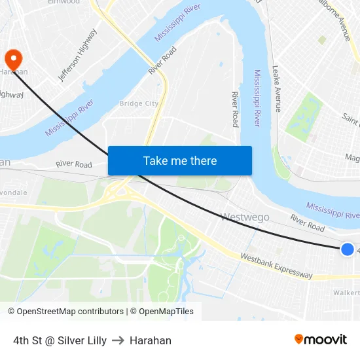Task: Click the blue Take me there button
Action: [x=179, y=160]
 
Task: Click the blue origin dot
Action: [x=348, y=249]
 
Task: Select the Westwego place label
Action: [x=245, y=217]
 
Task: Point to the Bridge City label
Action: [x=139, y=103]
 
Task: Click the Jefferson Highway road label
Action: [x=78, y=55]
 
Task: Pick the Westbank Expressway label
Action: [x=276, y=265]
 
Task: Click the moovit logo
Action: [x=321, y=340]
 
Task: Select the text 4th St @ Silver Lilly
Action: [x=60, y=340]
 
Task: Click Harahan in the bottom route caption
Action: [x=151, y=340]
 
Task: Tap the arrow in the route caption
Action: [x=118, y=340]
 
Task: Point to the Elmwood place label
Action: [x=63, y=2]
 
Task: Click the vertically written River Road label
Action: [x=235, y=109]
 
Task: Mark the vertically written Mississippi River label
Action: [x=257, y=98]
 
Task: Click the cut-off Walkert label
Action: [x=346, y=293]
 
